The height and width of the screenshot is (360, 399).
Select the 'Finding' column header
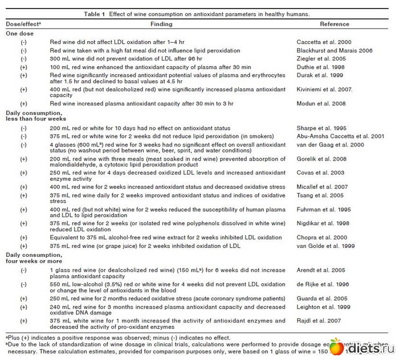tap(161, 24)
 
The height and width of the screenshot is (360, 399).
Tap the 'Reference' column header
tap(335, 24)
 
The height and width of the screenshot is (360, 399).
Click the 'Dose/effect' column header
tap(23, 24)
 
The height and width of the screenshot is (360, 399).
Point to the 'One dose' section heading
tap(20, 34)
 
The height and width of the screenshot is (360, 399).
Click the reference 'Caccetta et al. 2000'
tap(324, 42)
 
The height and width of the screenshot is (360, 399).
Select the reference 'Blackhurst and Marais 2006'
tap(335, 51)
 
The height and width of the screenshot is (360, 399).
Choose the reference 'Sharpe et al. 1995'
tap(320, 130)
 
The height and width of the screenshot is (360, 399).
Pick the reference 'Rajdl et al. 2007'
tap(317, 320)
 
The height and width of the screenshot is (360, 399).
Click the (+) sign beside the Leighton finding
tap(23, 306)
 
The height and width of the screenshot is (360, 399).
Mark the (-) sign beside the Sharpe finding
tap(23, 130)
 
